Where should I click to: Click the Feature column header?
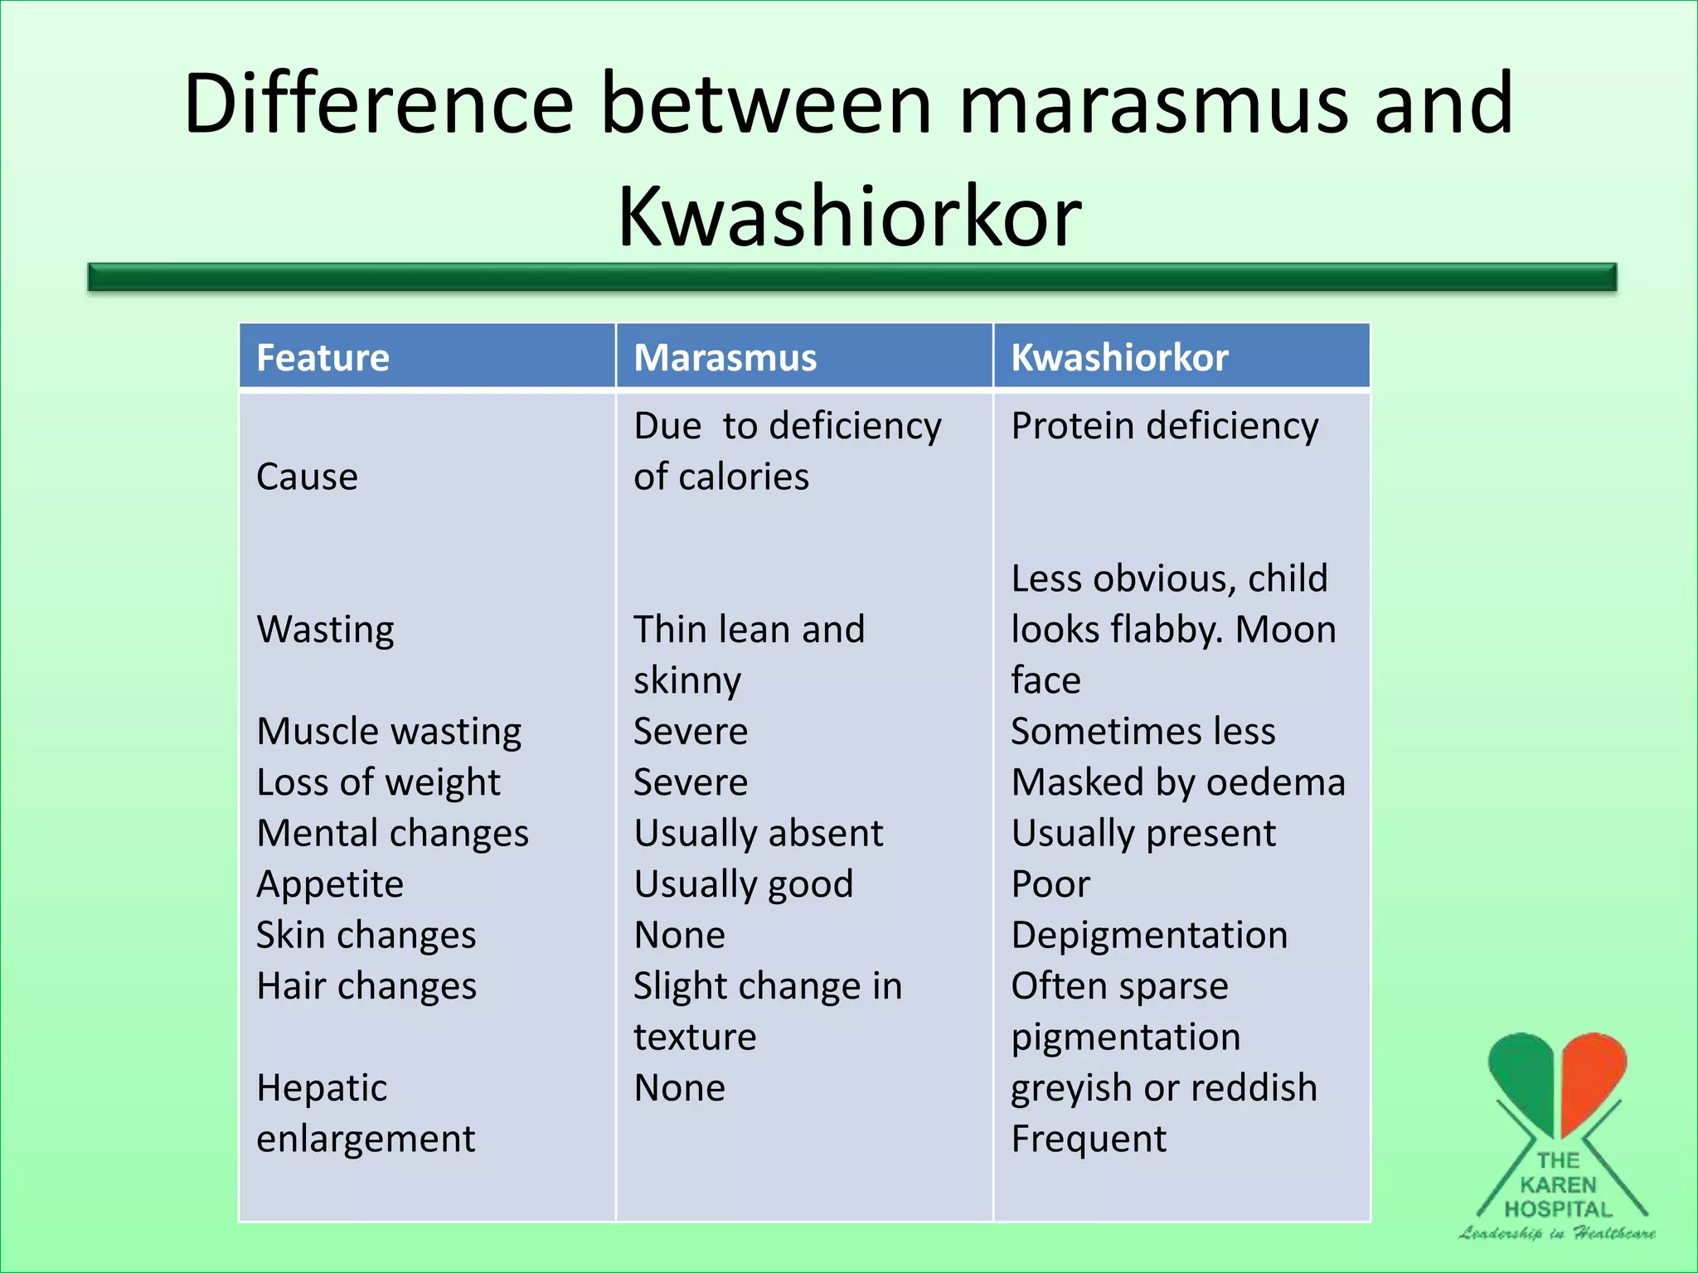pos(323,358)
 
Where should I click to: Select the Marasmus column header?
pos(725,358)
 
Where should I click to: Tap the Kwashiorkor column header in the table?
pos(1119,358)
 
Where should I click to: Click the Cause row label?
pos(307,477)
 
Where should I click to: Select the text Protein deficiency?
pos(1164,426)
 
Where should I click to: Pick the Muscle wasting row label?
pos(389,732)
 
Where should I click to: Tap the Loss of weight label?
pos(378,782)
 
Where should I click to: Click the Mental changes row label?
pos(392,833)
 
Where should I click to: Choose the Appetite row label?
pos(330,884)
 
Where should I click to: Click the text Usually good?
pos(743,884)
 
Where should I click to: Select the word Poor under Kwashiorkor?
pos(1050,884)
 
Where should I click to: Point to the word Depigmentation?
pos(1149,935)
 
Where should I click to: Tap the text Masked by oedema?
pos(1178,782)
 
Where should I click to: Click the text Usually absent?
pos(759,833)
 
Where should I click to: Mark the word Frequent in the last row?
pos(1089,1139)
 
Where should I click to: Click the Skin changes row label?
pos(366,935)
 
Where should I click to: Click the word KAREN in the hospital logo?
pos(1558,1185)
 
